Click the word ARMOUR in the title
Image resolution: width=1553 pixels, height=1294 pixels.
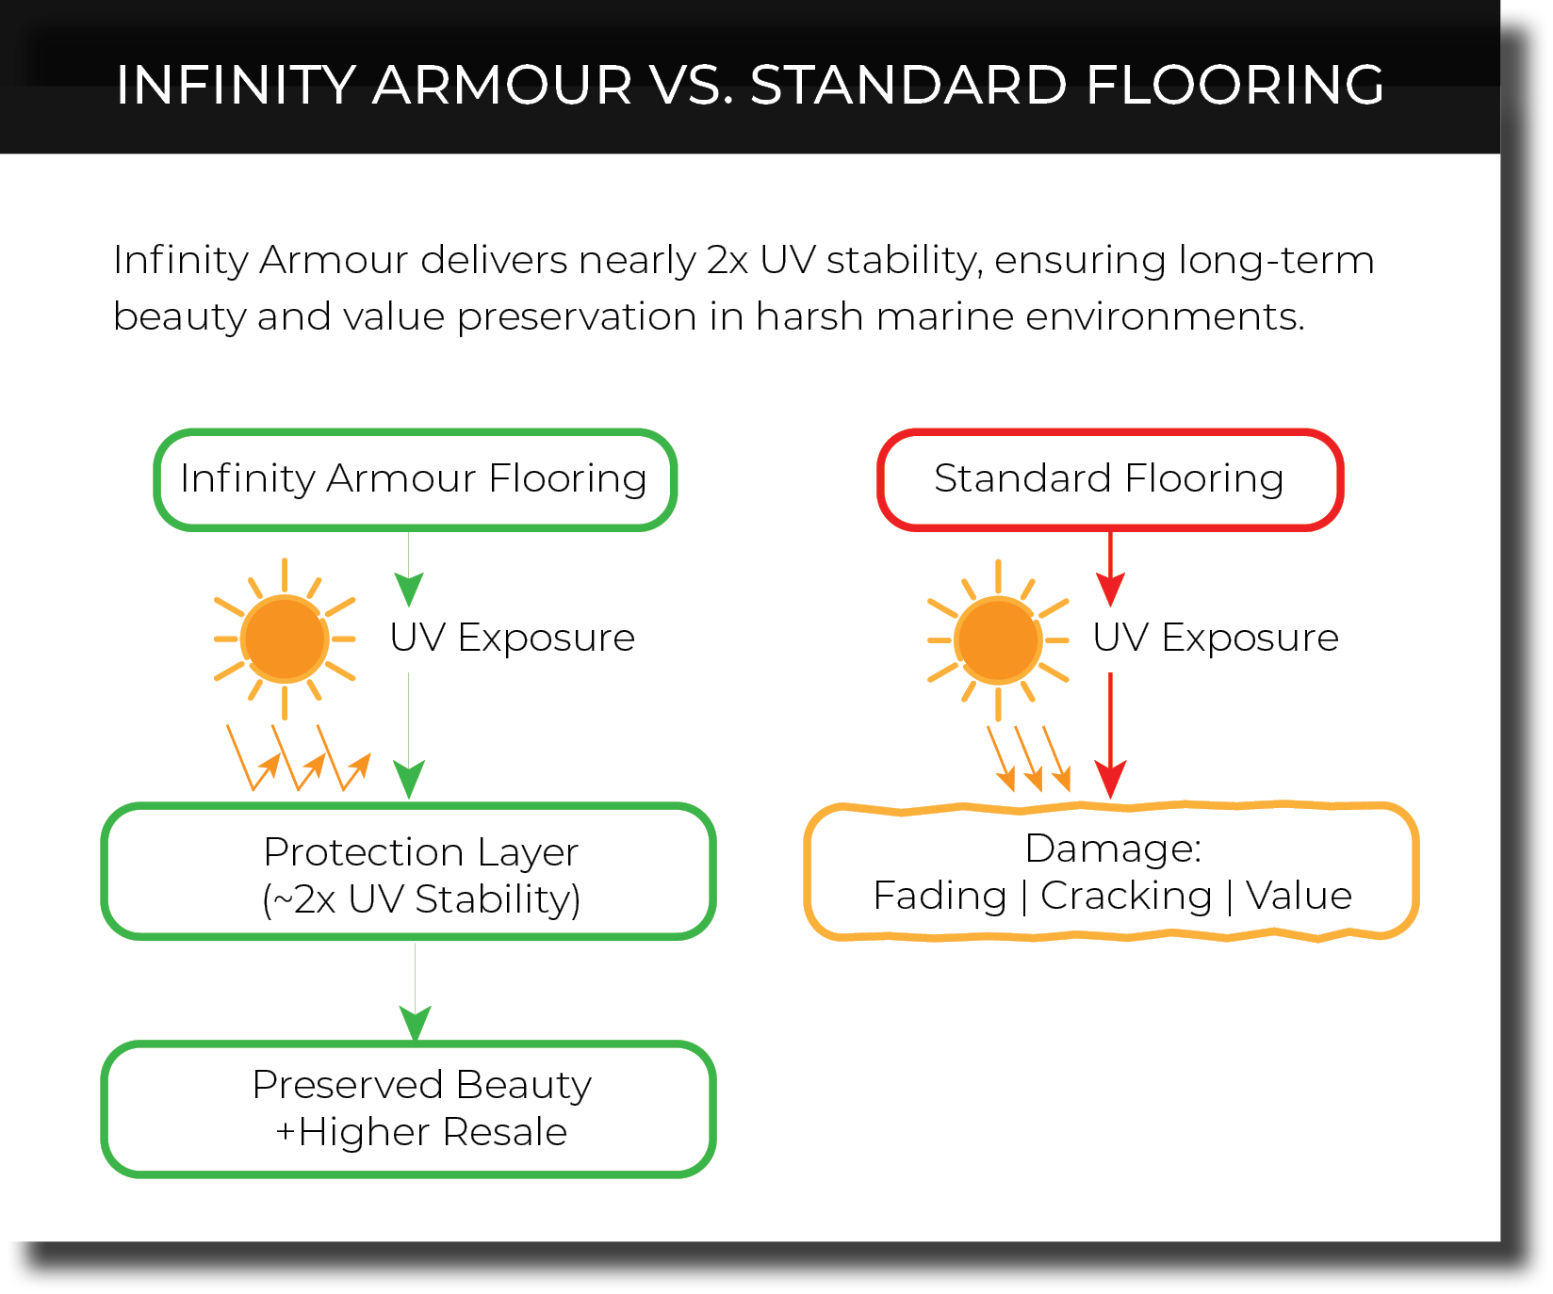[502, 85]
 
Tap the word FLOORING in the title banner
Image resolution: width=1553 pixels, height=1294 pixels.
[1234, 85]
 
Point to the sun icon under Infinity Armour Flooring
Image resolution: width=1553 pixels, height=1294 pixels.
[285, 639]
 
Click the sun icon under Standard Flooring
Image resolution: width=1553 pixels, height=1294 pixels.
[998, 639]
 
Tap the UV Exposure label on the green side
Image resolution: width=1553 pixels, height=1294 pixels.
[513, 639]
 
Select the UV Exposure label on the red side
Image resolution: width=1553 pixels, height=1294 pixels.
[1216, 639]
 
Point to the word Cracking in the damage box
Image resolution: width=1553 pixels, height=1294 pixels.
[1126, 896]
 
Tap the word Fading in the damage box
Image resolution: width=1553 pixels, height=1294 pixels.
[940, 896]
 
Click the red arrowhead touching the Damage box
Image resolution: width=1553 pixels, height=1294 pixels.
[1111, 781]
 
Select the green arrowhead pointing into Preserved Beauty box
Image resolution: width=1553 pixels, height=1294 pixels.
[416, 1023]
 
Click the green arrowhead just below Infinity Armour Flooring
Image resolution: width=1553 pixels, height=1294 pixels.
[409, 590]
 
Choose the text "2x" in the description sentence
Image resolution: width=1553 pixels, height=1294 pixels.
[727, 261]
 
